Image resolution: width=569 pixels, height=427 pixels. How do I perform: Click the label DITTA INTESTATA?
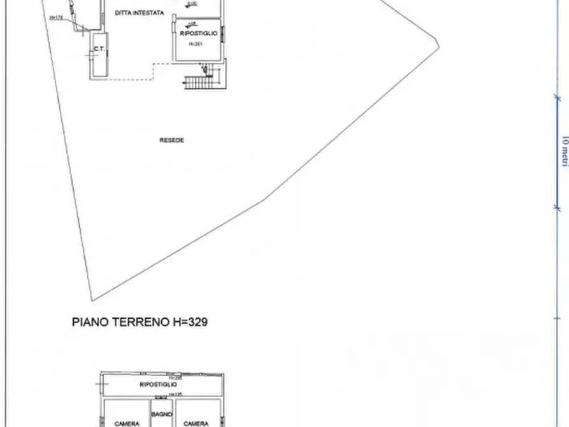click(x=140, y=13)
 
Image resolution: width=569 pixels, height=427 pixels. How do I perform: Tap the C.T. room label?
click(x=99, y=49)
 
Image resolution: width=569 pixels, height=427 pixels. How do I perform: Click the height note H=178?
click(x=56, y=18)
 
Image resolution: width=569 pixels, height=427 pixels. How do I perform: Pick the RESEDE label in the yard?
click(x=171, y=140)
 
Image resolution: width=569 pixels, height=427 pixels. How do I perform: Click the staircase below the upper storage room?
click(x=201, y=81)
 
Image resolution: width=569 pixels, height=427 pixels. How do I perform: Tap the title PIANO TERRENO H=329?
click(x=139, y=322)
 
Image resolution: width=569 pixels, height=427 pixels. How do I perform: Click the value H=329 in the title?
click(x=190, y=322)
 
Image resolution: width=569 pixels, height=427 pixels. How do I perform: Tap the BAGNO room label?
click(x=161, y=415)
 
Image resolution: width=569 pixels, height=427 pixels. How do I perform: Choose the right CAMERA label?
click(x=196, y=423)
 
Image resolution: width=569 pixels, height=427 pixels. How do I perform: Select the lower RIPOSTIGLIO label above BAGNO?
click(x=159, y=385)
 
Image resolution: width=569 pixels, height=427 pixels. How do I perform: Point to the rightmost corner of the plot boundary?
click(x=439, y=45)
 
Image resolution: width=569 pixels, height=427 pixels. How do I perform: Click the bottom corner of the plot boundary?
click(x=92, y=300)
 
